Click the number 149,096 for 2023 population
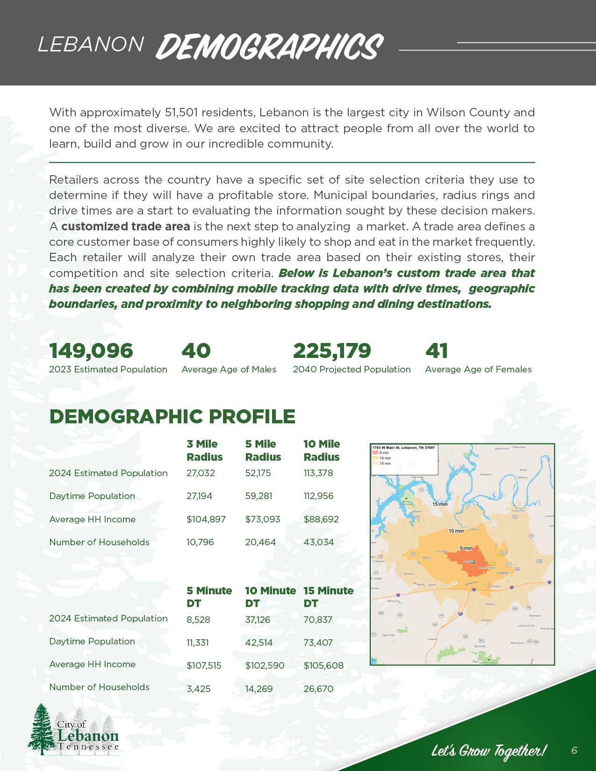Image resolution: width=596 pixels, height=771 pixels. tap(91, 350)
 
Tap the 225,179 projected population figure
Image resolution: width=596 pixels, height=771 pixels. tap(332, 350)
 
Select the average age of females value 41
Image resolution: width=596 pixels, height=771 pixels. tap(437, 350)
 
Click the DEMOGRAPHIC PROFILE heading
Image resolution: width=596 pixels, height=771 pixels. tap(172, 416)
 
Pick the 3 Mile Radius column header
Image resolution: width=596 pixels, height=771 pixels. tap(204, 450)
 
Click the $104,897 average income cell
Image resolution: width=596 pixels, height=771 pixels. tap(206, 519)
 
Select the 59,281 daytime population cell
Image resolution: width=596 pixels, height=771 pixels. tap(259, 496)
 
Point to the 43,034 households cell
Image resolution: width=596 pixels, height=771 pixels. tap(318, 542)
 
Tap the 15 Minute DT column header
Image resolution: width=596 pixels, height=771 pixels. tap(328, 597)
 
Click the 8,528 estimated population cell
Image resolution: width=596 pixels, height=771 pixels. tap(198, 620)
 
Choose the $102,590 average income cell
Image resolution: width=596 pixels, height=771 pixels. tap(265, 665)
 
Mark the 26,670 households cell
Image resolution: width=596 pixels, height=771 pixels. tap(318, 689)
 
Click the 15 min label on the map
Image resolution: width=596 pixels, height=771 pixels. tap(440, 504)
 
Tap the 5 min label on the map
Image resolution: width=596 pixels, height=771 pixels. tap(466, 548)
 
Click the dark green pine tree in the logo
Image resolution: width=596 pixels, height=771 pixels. tap(42, 729)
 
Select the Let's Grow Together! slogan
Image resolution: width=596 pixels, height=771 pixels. tap(488, 751)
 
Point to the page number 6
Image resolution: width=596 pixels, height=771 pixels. tap(574, 750)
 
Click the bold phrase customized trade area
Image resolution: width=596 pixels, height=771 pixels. tap(126, 227)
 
